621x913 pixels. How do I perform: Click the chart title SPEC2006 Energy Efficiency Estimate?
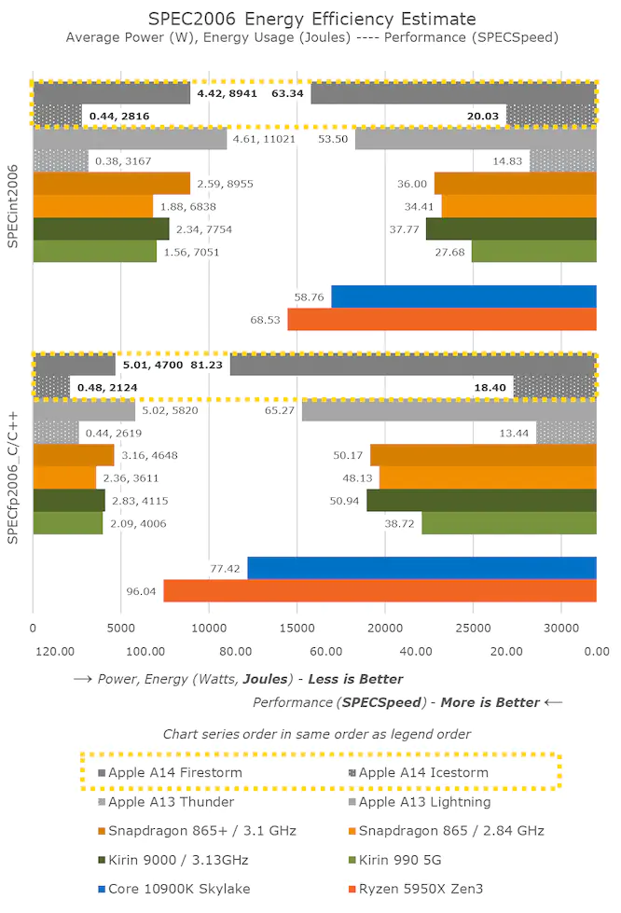[311, 19]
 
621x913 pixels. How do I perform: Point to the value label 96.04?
[143, 591]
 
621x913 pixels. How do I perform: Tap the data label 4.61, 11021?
[264, 139]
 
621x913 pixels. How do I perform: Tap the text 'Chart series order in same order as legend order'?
[316, 734]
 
